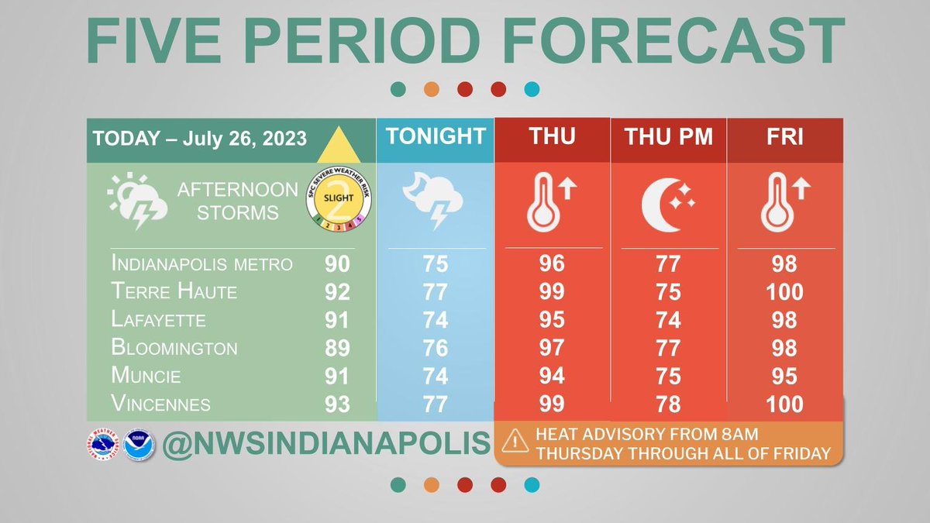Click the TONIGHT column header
point(436,136)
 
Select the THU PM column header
point(668,138)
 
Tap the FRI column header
point(784,137)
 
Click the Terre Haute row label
point(175,292)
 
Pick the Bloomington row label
point(175,348)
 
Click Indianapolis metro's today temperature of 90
point(337,264)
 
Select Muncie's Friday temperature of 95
point(784,376)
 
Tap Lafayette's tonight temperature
point(436,320)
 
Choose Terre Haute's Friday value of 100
point(784,292)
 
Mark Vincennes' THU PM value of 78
point(668,404)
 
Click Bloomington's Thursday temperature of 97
point(552,348)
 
